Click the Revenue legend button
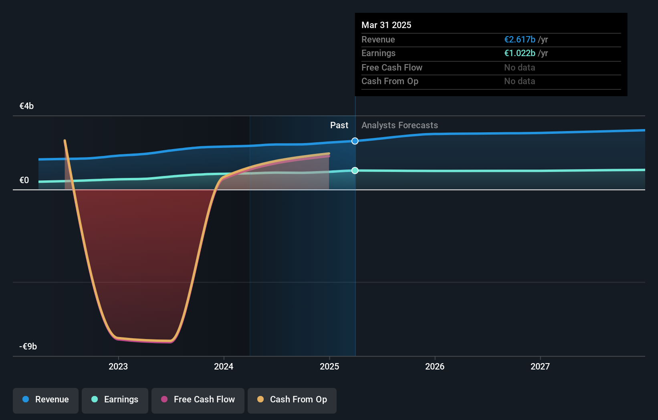click(46, 400)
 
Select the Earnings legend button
click(115, 400)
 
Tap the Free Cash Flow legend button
click(198, 400)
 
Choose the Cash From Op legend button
click(292, 400)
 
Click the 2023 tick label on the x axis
click(118, 366)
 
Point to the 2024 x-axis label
click(224, 366)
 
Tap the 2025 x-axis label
click(329, 366)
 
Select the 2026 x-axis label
click(435, 366)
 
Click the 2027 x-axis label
click(540, 366)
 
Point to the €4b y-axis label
click(26, 106)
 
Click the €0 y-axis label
click(24, 180)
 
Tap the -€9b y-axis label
click(28, 347)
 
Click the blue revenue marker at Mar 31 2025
click(355, 141)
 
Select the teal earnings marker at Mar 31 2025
click(355, 171)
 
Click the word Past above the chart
click(339, 125)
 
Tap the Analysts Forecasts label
click(400, 125)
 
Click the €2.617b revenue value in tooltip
click(520, 40)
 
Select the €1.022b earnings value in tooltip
click(520, 53)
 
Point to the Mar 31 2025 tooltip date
click(386, 25)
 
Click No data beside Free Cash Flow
click(519, 68)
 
